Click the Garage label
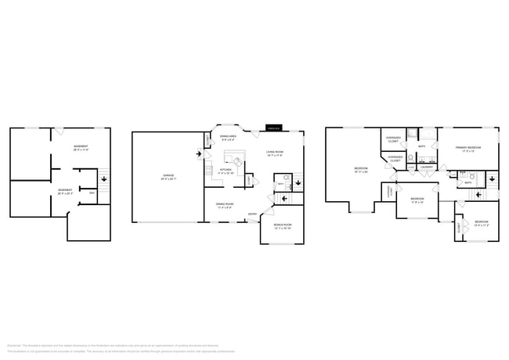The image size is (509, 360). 168,176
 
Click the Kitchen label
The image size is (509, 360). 225,171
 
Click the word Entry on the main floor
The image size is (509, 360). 252,214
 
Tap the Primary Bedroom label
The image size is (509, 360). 467,148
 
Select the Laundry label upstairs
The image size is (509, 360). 428,167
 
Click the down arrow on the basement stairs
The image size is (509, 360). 105,179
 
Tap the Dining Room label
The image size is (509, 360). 227,206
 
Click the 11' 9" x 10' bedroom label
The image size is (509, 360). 417,200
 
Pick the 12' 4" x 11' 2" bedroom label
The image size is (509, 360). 481,223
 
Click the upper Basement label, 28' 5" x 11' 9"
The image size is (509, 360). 81,148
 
